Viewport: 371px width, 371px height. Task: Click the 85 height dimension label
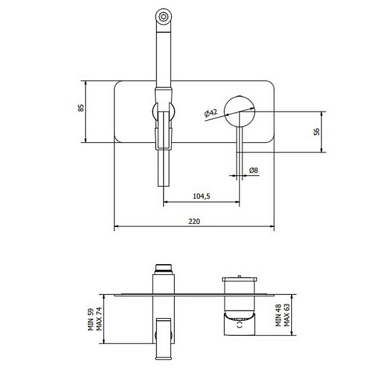tap(81, 108)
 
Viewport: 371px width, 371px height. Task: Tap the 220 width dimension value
tap(194, 221)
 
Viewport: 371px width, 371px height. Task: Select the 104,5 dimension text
tap(202, 196)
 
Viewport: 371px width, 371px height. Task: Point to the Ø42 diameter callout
tap(211, 113)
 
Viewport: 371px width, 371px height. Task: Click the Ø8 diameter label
tap(253, 170)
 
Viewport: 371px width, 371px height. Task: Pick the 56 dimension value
tap(316, 131)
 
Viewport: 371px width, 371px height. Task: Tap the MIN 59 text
tap(91, 319)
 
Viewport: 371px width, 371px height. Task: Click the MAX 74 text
tap(99, 319)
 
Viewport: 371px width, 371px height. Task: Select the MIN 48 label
tap(279, 315)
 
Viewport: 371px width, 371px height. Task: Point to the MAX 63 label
tap(287, 315)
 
